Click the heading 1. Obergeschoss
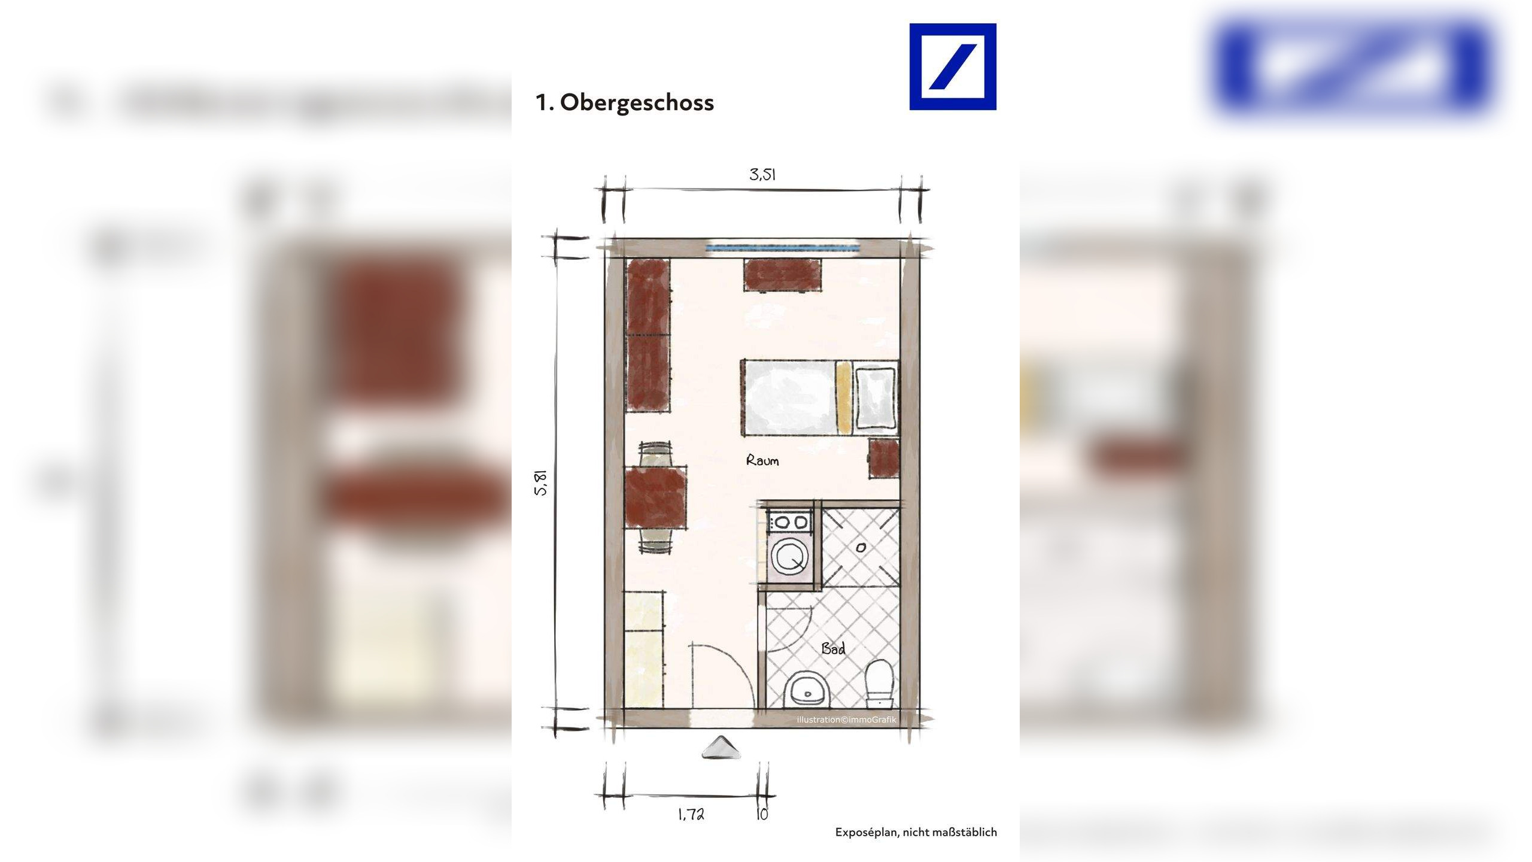624,103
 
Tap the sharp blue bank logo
952,66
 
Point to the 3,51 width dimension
762,175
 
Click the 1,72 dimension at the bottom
691,814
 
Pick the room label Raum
762,460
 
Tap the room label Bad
833,648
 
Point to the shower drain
861,547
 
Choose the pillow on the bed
876,397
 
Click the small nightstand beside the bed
884,458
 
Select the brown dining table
655,497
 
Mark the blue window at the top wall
782,247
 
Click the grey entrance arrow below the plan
721,748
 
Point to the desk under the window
782,275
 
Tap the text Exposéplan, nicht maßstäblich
916,832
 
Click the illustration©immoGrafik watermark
846,720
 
